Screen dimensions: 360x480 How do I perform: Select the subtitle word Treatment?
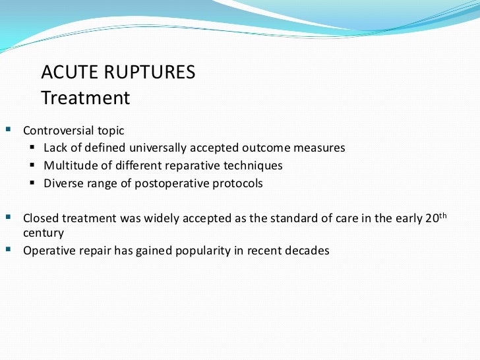(86, 98)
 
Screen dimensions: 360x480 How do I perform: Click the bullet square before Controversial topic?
(8, 130)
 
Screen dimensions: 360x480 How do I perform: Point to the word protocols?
(236, 183)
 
